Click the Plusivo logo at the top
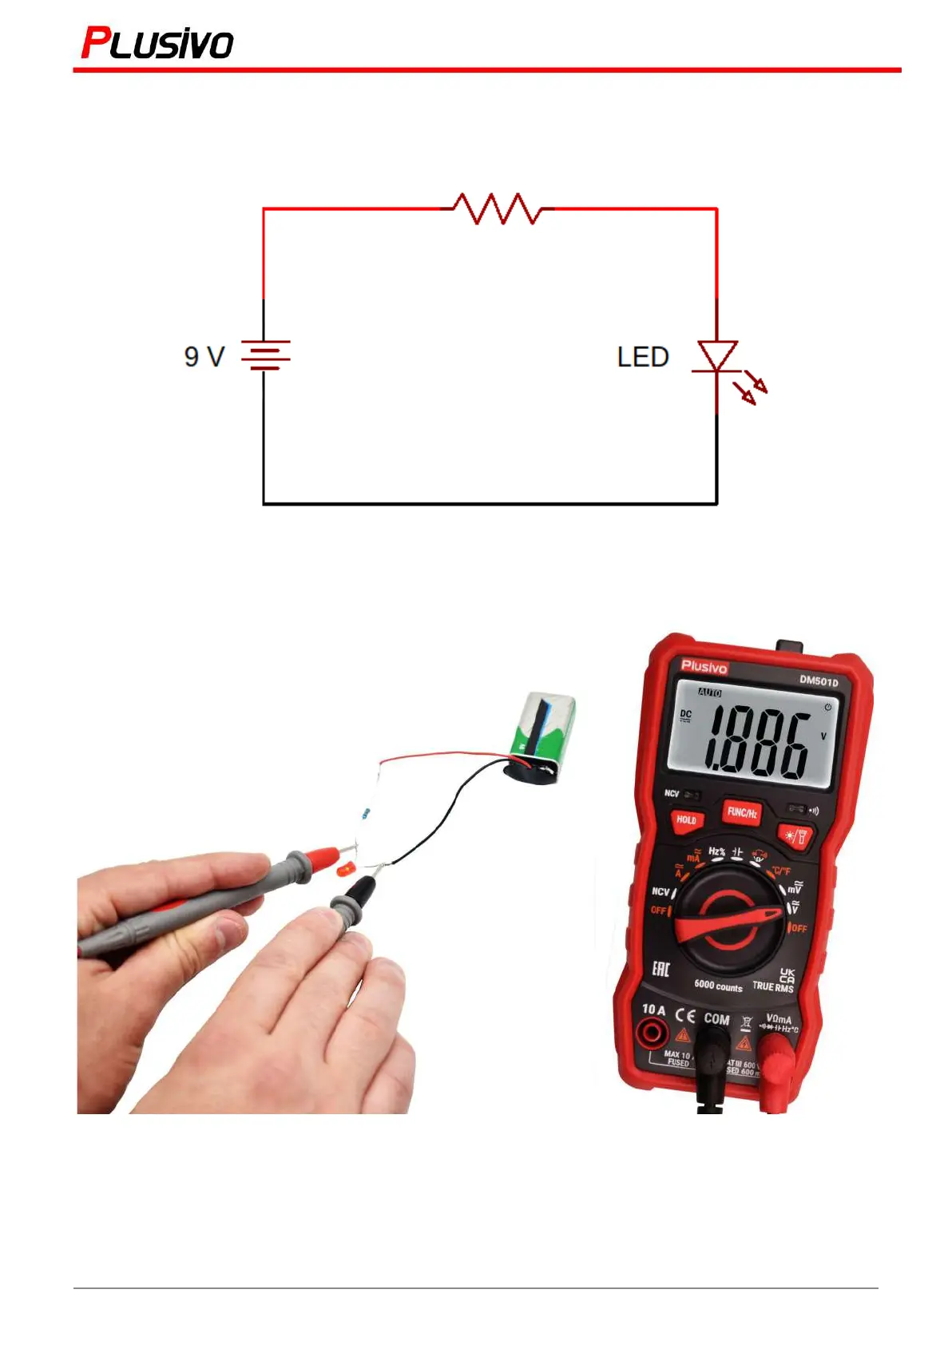coord(157,44)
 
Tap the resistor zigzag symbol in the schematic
coord(498,208)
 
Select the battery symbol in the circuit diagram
coord(265,355)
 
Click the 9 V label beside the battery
coord(204,356)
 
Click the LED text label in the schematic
coord(643,357)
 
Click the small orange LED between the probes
coord(346,870)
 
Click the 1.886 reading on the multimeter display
coord(755,744)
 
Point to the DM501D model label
coord(819,681)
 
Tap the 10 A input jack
coord(653,1035)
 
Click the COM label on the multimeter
coord(716,1019)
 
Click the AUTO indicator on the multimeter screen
coord(710,692)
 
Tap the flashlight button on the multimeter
coord(795,836)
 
